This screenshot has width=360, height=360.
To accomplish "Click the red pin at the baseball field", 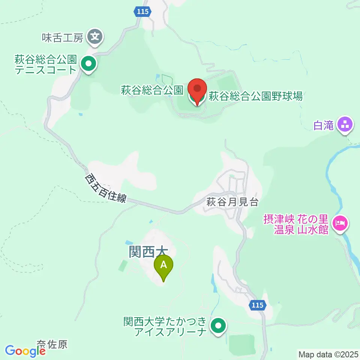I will (x=197, y=90).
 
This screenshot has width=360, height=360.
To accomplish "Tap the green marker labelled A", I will (x=163, y=266).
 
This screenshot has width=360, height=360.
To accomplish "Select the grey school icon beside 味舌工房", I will (x=95, y=37).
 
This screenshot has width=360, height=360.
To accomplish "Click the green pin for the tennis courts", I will (x=88, y=63).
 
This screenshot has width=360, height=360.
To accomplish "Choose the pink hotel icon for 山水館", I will (x=341, y=224).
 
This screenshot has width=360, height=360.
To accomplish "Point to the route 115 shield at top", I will (x=143, y=12).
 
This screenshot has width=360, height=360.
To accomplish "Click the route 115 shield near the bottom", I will (x=257, y=306).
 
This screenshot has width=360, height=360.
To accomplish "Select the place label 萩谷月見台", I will (x=232, y=202).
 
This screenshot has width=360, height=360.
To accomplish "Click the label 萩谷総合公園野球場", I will (x=255, y=97).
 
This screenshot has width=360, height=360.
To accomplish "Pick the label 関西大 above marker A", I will (x=147, y=252).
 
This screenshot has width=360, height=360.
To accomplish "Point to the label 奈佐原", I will (x=52, y=344).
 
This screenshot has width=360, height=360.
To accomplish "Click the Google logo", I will (x=25, y=351).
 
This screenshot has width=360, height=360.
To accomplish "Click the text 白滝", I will (x=324, y=126).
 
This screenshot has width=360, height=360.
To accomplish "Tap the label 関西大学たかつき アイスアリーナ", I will (x=165, y=326).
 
